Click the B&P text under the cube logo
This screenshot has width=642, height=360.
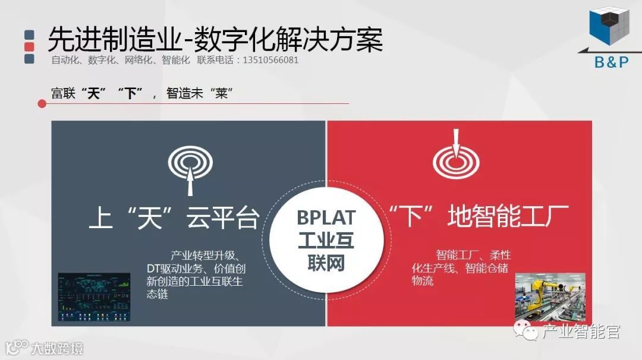611,61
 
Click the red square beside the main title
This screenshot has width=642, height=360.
29,46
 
